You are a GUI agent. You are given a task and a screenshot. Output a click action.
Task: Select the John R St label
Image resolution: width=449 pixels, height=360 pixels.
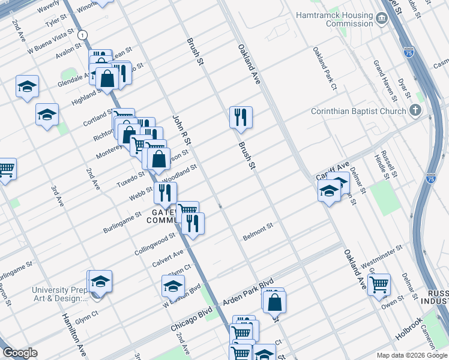coord(181,131)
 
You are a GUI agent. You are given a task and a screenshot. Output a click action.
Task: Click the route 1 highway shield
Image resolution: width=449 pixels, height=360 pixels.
coord(82,34)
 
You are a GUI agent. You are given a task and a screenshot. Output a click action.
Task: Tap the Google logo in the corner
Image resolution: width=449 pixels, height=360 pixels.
coord(20,353)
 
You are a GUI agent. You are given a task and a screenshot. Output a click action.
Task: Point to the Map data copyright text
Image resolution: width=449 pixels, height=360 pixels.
coord(412,355)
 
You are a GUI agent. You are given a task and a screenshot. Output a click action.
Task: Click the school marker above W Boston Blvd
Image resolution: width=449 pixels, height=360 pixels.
coord(173,286)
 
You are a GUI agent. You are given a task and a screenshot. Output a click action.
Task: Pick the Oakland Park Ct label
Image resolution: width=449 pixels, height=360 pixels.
coord(325,70)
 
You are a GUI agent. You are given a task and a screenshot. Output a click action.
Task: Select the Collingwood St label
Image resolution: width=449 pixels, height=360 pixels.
coord(155,243)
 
